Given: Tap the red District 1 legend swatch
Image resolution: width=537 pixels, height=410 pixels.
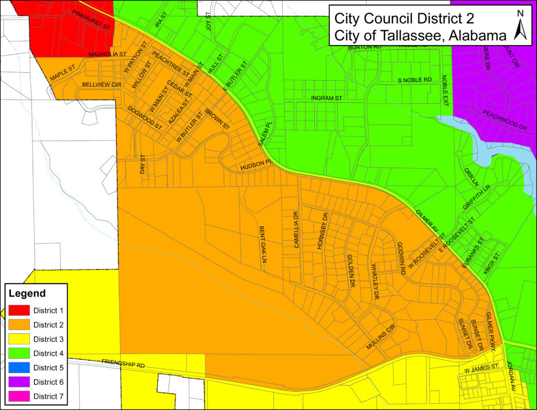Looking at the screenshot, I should coord(19,310).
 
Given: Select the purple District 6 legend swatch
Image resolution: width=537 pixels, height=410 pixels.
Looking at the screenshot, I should coord(19,382).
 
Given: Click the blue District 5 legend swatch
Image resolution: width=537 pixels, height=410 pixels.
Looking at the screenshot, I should coord(19,368).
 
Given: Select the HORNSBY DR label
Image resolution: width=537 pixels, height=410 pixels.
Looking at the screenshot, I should coord(322,231).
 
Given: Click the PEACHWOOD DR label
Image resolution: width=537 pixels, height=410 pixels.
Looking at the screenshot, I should coord(504,120).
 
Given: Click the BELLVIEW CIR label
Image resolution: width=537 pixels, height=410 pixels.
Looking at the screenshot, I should coord(101,84).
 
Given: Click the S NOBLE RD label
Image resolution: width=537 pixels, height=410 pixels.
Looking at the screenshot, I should coord(414,80).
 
